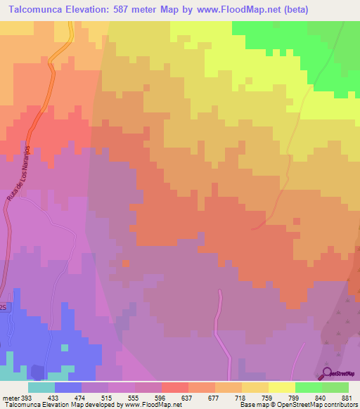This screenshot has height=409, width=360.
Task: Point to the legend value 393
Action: point(25,396)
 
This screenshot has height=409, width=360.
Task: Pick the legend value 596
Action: point(161,396)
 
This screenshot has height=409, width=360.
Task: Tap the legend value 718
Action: point(241,396)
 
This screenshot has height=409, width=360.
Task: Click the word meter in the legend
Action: point(9,396)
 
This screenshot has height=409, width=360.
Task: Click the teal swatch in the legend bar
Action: point(41,387)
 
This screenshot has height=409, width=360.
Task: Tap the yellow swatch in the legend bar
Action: point(281,387)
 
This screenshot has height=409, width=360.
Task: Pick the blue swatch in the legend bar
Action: point(67,387)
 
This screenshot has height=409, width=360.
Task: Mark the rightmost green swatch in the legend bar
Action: point(335,387)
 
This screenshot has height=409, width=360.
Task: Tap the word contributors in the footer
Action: point(340,405)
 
